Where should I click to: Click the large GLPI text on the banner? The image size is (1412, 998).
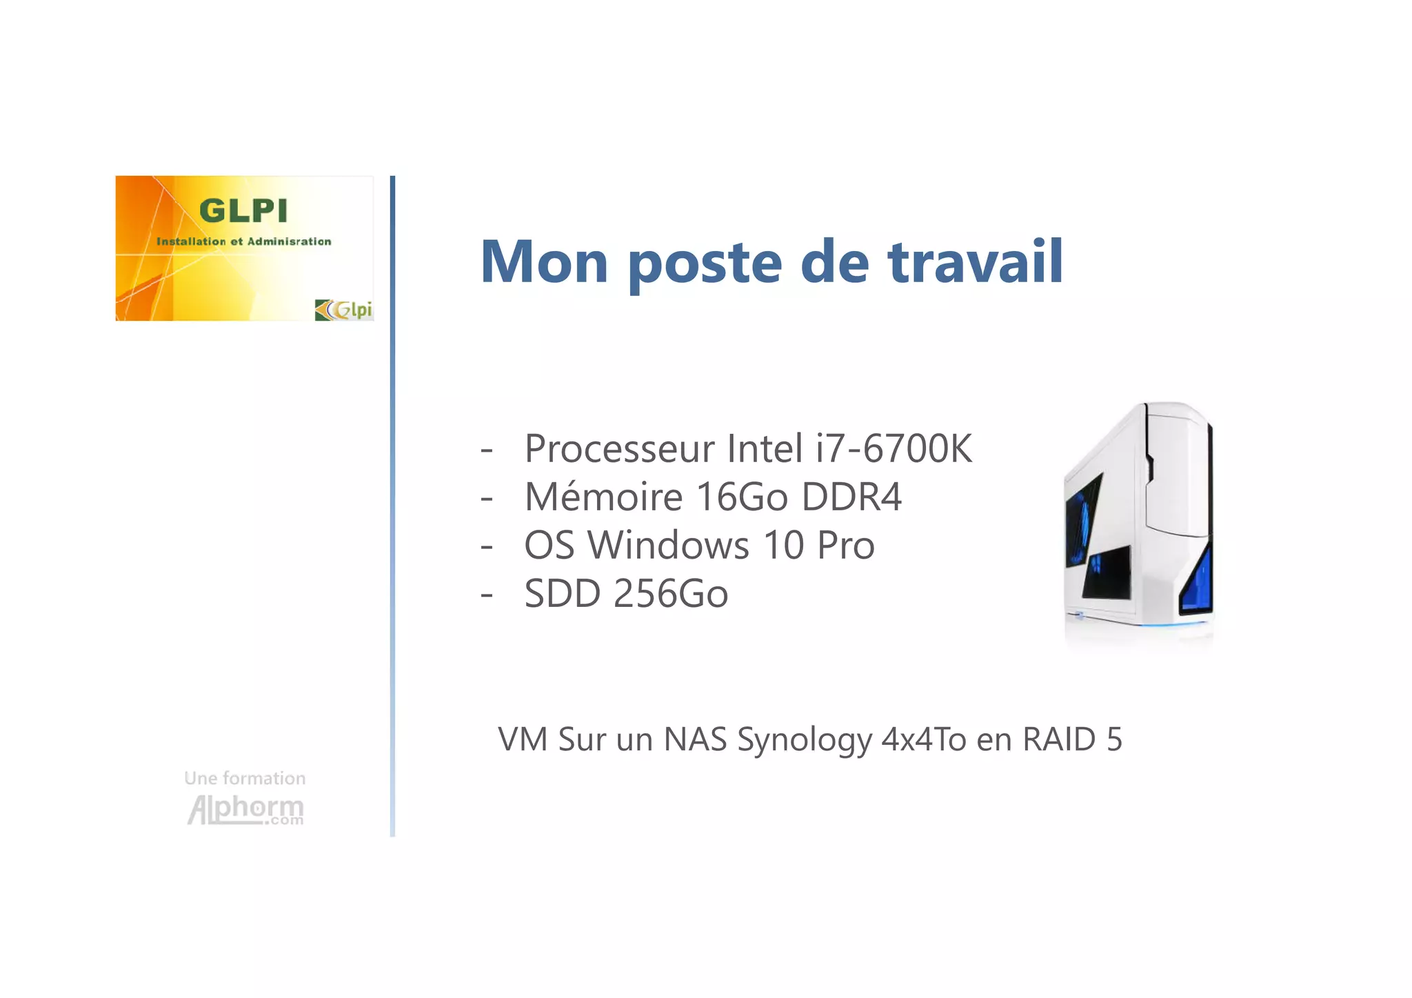coord(243,210)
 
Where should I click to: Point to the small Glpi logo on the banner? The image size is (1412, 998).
coord(343,310)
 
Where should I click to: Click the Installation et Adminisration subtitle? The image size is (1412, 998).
coord(244,241)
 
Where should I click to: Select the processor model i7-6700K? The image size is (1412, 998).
coord(894,448)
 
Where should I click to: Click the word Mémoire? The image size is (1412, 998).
coord(604,497)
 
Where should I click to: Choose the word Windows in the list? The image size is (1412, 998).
coord(667,545)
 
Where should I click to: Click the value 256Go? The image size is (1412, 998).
coord(670,593)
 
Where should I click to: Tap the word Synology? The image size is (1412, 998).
coord(805,740)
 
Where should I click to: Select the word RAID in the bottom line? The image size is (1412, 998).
coord(1059,739)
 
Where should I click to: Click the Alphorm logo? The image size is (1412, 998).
coord(245,810)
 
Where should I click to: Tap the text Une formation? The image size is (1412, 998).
coord(245,778)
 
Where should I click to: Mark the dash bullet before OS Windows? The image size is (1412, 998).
coord(487,546)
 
